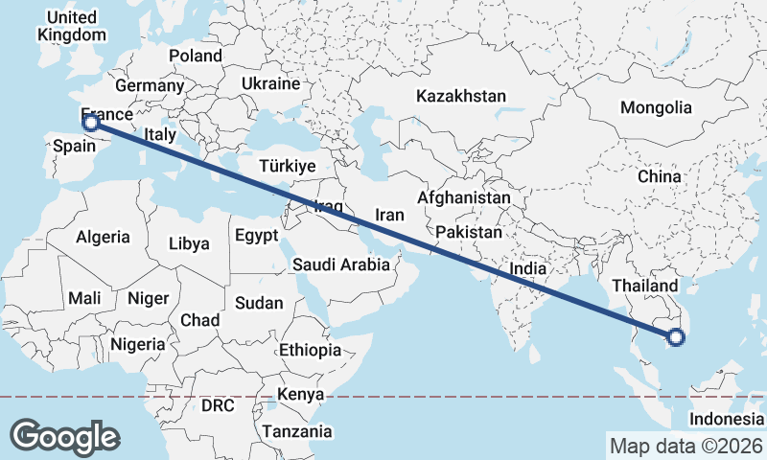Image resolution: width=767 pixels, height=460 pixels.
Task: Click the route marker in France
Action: tap(91, 122)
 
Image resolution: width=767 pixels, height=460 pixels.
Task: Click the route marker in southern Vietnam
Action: tap(676, 336)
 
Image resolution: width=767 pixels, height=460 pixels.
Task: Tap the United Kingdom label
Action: tap(72, 27)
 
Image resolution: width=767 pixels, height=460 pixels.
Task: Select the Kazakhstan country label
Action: tap(460, 96)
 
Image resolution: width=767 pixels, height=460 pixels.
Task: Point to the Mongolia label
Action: tap(656, 107)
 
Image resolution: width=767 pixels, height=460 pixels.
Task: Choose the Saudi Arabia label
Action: tap(341, 264)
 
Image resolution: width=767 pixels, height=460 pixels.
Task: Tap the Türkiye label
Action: tap(287, 167)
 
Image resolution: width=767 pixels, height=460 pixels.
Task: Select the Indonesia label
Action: tap(727, 420)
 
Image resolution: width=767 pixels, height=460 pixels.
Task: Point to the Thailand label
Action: tap(639, 286)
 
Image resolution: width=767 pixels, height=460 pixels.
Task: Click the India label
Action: tap(527, 270)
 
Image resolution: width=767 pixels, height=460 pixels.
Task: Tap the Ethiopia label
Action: tap(310, 350)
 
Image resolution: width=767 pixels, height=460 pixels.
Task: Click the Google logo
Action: tap(64, 436)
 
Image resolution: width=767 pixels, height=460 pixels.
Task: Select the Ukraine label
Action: tap(270, 84)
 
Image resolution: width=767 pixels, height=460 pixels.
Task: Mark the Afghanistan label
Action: tap(464, 197)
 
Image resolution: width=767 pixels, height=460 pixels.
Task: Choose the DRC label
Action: tap(217, 405)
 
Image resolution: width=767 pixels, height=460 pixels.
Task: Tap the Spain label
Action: tap(74, 146)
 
